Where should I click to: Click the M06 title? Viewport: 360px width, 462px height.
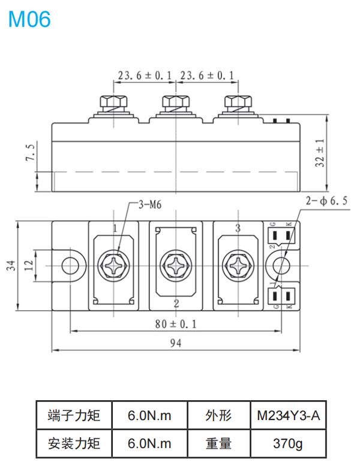click(29, 19)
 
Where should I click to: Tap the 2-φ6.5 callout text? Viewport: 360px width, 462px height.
click(326, 200)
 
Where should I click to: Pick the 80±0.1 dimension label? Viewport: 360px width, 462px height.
click(176, 324)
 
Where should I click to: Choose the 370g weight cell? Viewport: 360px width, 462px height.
click(288, 444)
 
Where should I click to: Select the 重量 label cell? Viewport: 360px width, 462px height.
click(218, 444)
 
